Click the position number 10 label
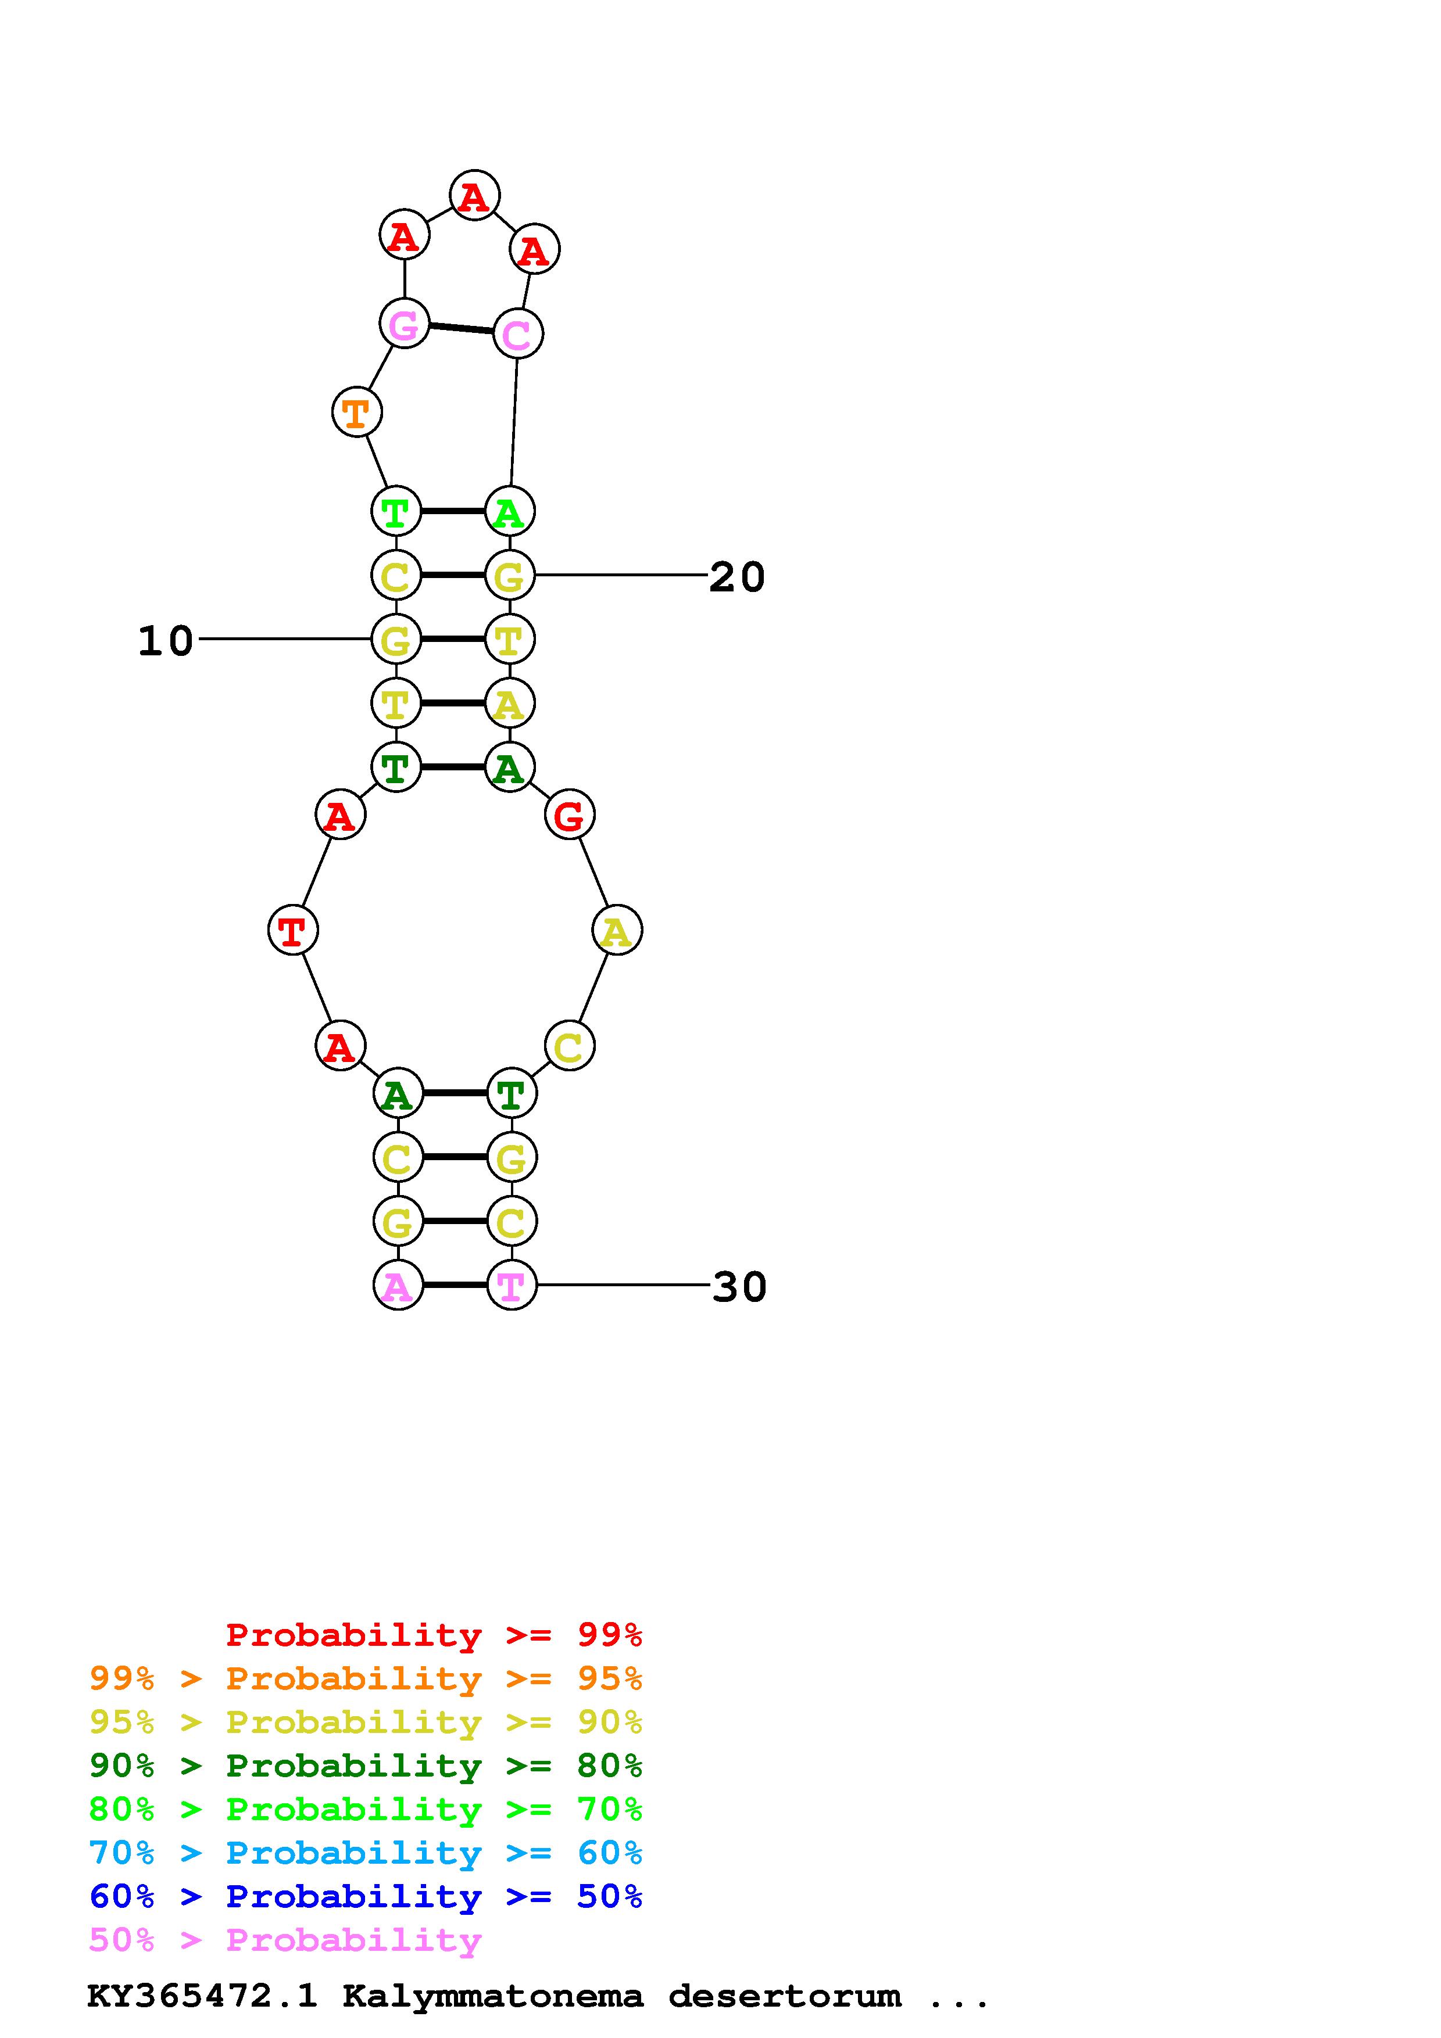166,641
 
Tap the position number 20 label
737,577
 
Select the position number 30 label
739,1287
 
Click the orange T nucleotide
356,412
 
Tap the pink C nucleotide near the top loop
517,333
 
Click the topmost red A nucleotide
474,195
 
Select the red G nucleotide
569,815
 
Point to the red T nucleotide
292,930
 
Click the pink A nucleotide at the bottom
398,1285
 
